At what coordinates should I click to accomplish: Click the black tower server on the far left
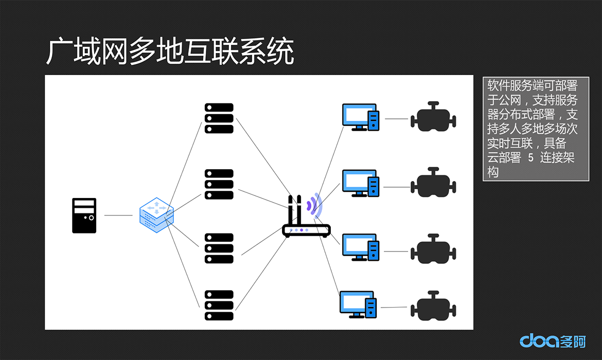click(84, 215)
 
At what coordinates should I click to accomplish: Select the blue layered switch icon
click(156, 215)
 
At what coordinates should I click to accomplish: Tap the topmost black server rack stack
click(219, 118)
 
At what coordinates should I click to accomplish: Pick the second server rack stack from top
click(219, 184)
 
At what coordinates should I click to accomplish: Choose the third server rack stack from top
click(219, 248)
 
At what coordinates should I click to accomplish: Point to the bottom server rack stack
click(219, 305)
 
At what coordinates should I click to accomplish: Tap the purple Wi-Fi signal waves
click(314, 204)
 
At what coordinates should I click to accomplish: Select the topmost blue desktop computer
click(361, 117)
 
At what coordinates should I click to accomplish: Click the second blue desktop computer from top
click(361, 183)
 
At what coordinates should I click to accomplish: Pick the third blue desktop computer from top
click(361, 247)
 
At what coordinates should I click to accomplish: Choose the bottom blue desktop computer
click(358, 305)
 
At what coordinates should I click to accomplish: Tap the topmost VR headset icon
click(433, 117)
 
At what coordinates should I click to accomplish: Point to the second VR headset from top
click(433, 182)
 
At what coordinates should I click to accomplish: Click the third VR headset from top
click(433, 249)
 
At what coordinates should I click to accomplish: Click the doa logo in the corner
click(553, 340)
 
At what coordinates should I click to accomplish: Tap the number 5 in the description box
click(530, 157)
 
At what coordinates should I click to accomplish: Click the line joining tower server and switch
click(118, 215)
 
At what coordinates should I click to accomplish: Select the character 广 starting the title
click(60, 51)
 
